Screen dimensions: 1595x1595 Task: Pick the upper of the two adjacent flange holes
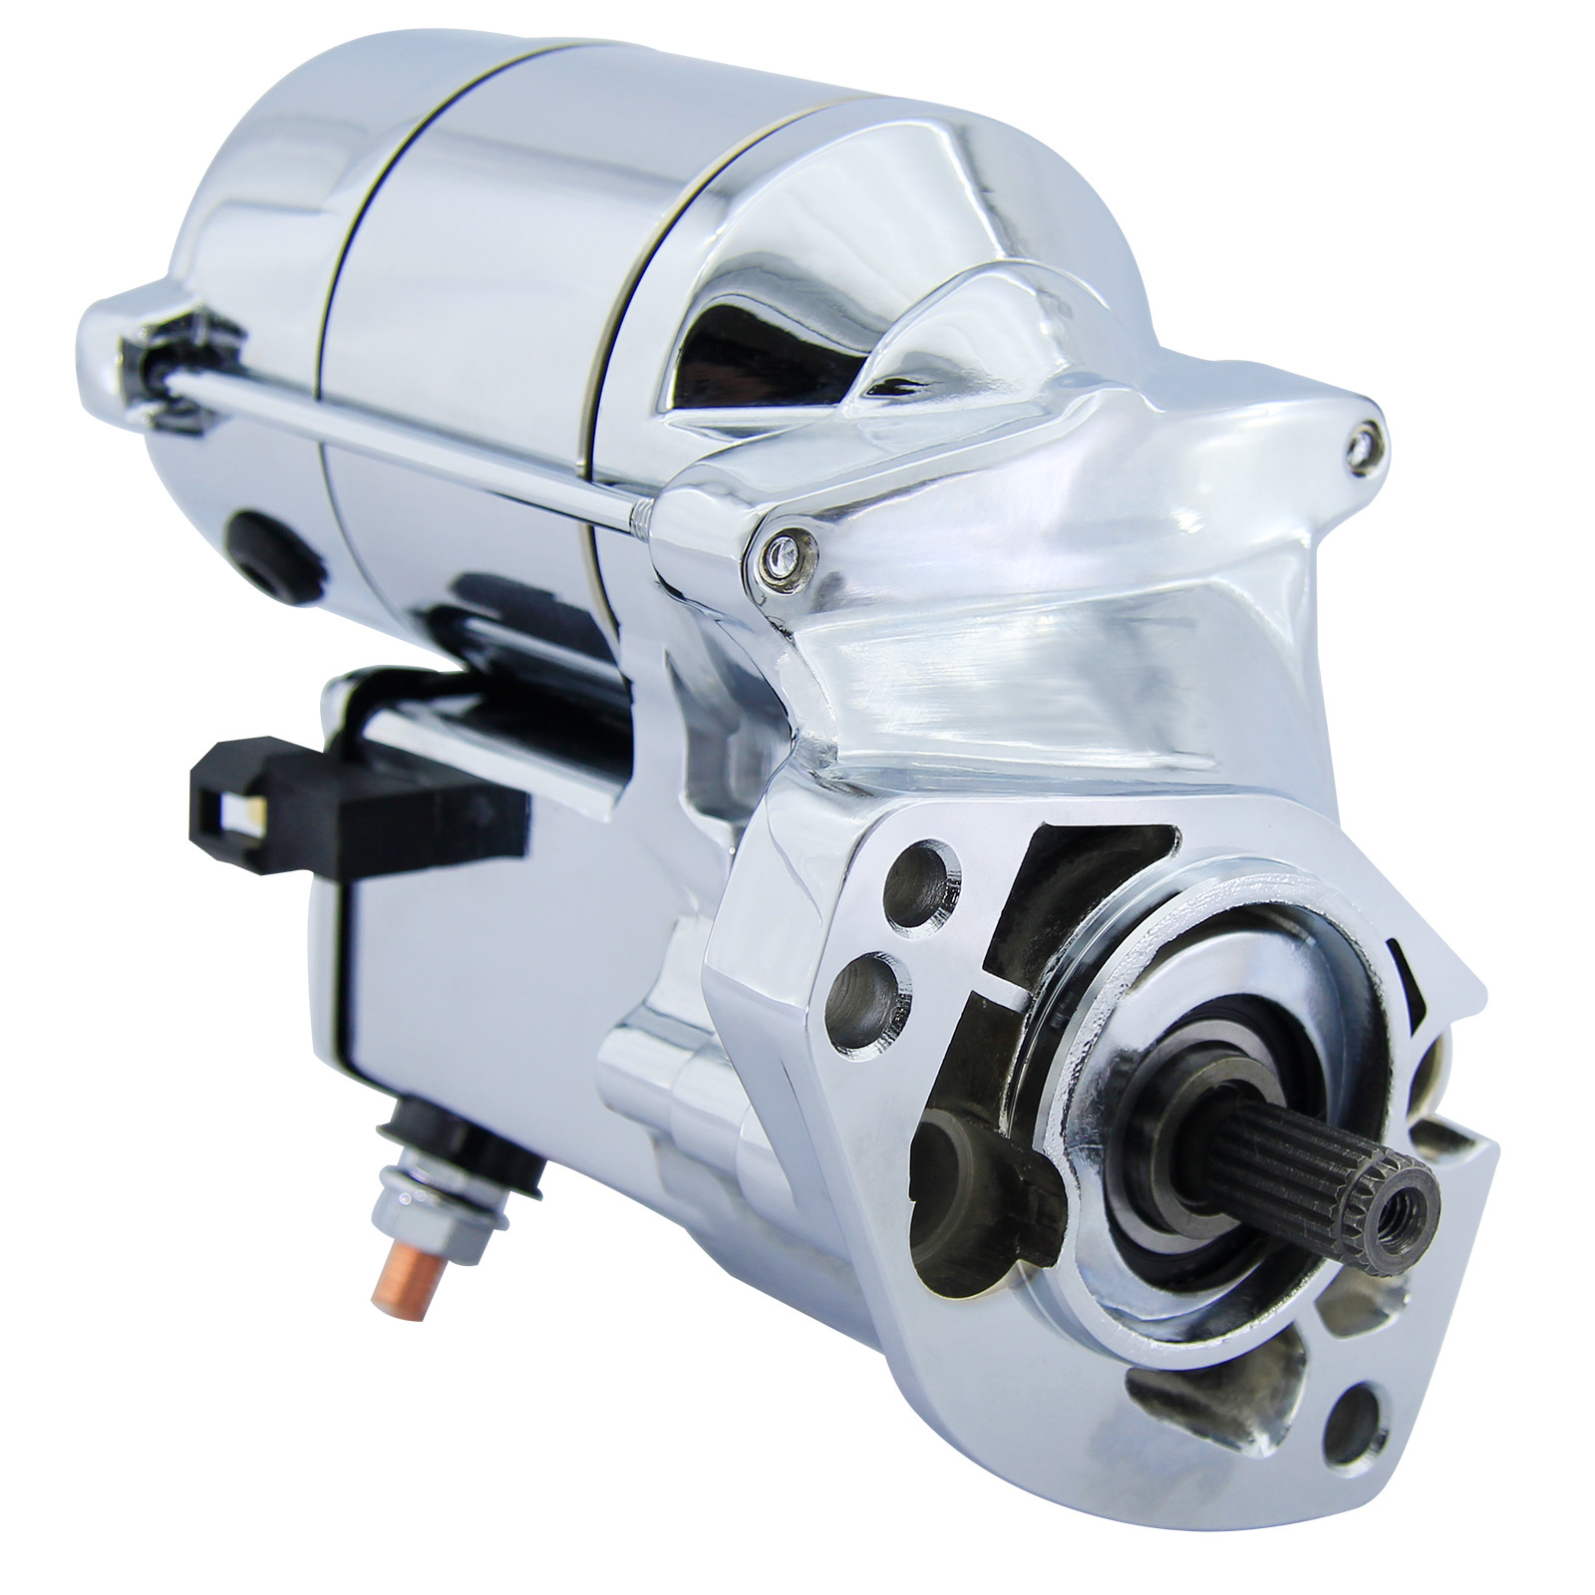click(915, 872)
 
